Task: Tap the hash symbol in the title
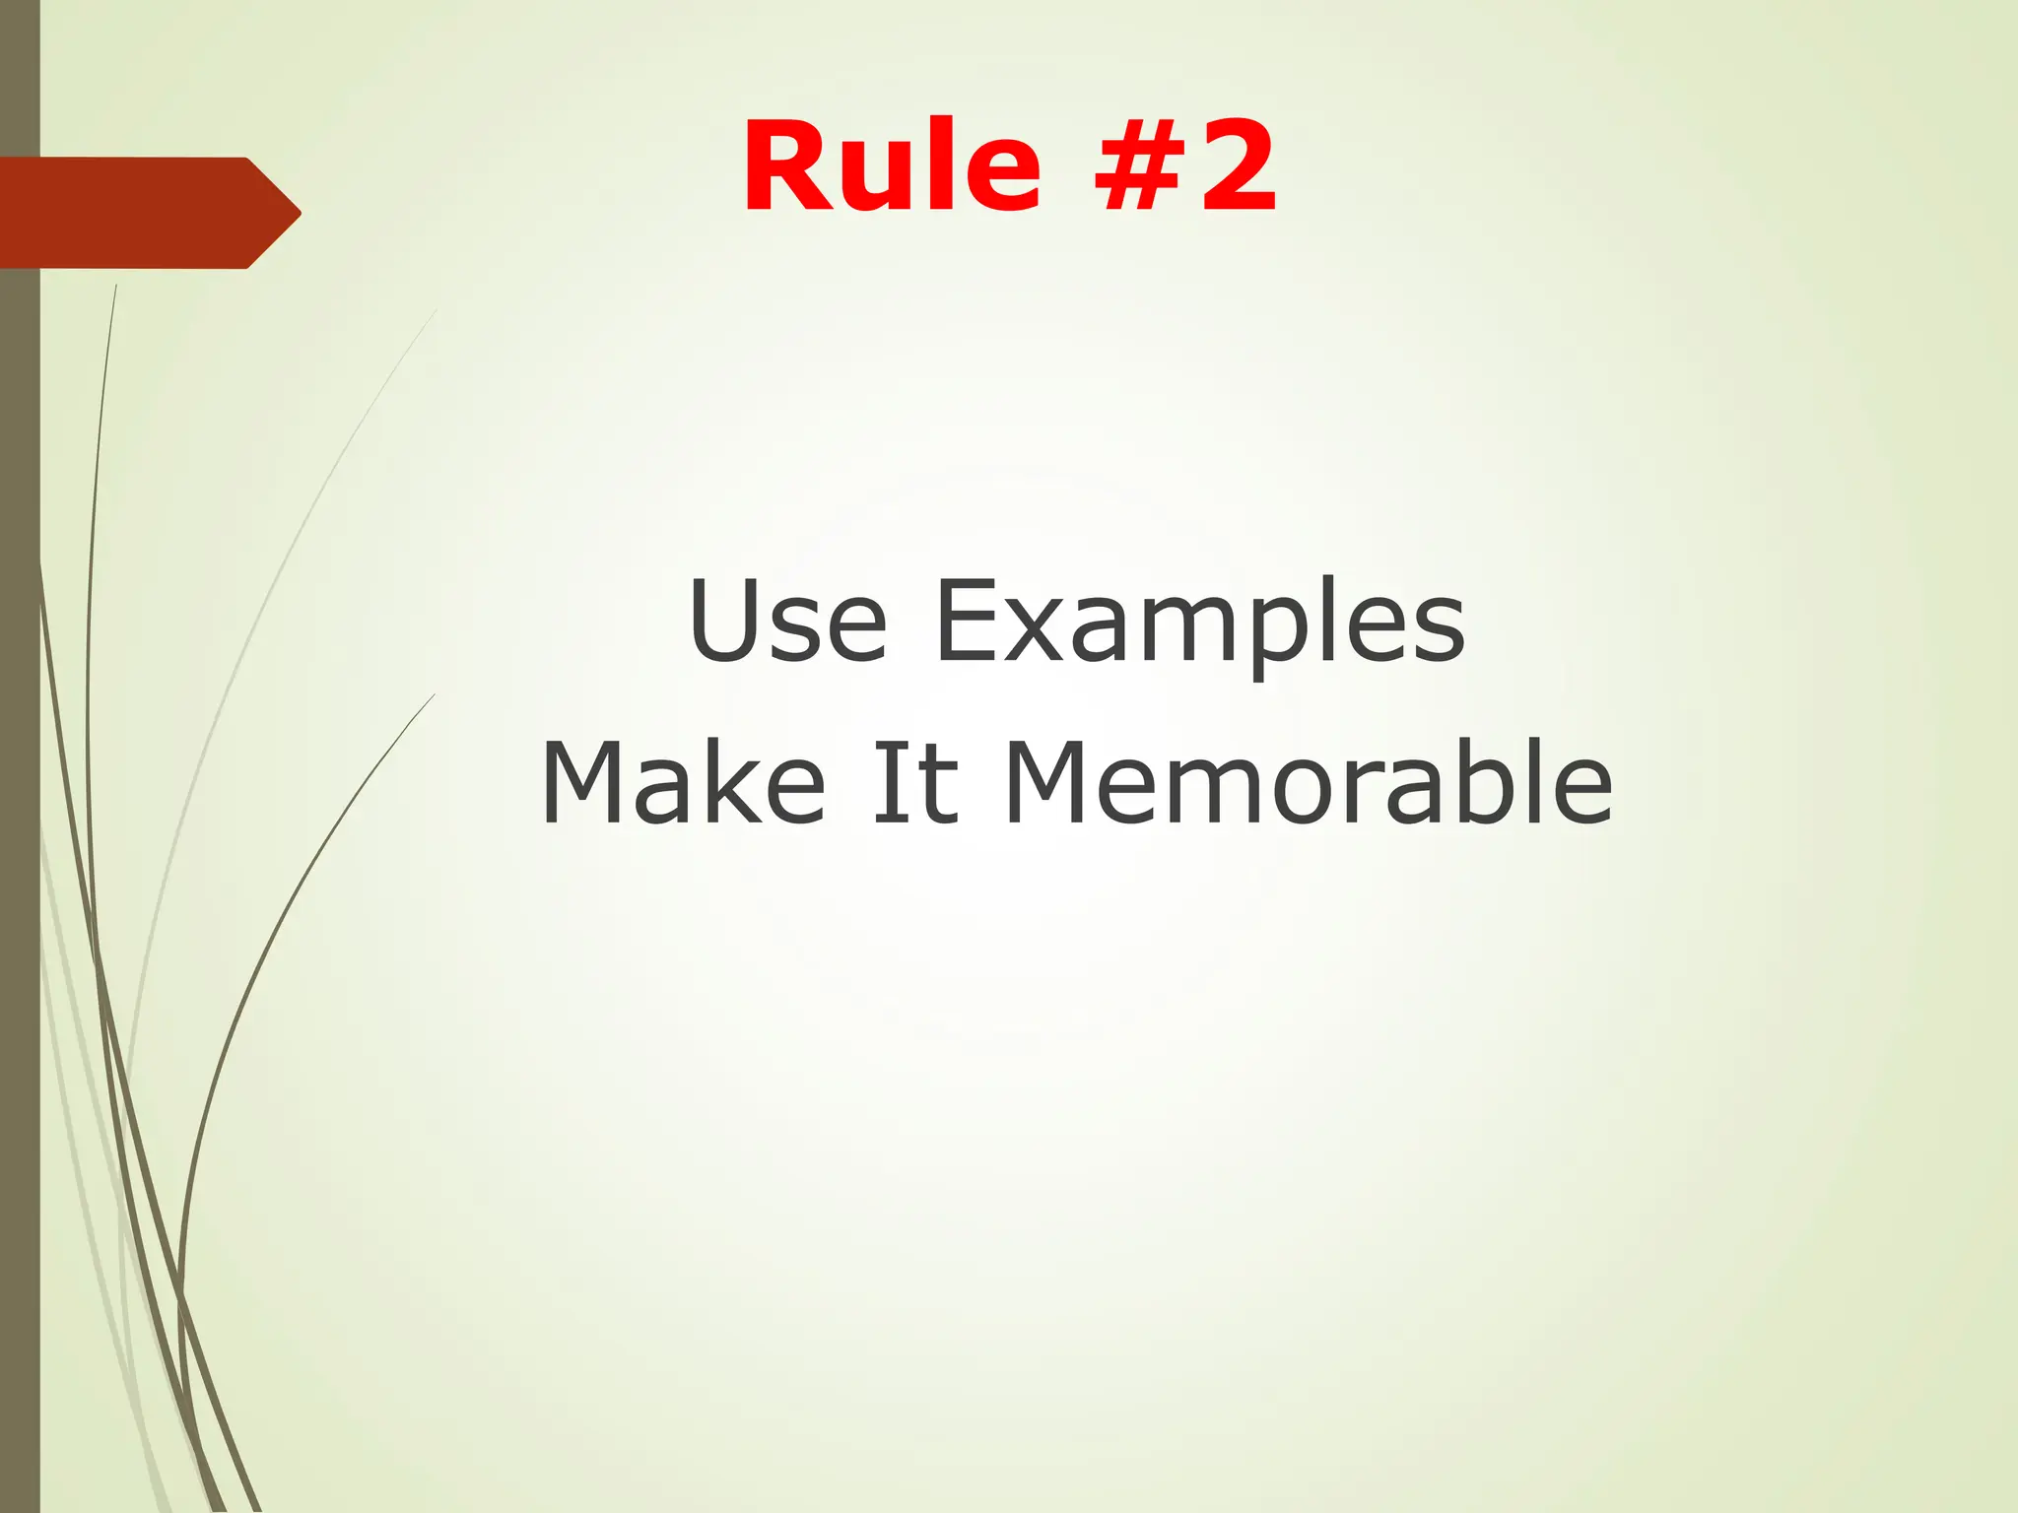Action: click(x=1137, y=165)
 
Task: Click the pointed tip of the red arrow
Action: click(x=298, y=212)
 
